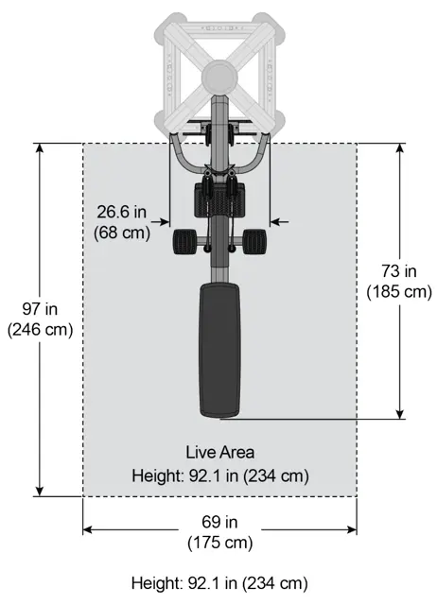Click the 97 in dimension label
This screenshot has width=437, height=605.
40,309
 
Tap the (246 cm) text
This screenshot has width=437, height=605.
40,330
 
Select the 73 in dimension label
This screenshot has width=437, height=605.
399,271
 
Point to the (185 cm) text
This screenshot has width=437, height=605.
399,291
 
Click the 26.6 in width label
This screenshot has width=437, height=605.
122,212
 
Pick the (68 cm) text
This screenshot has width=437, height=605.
122,233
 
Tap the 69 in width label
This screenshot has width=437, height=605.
219,522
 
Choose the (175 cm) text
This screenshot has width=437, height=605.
220,543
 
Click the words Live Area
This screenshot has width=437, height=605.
220,452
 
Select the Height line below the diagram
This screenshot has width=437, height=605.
219,583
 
